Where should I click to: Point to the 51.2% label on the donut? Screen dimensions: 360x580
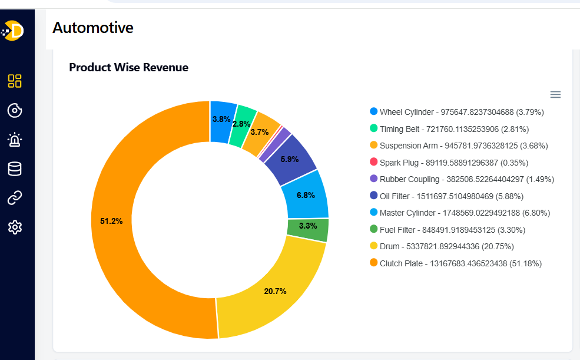click(111, 221)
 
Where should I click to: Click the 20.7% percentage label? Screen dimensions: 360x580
click(275, 291)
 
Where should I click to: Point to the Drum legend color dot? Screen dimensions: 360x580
click(373, 246)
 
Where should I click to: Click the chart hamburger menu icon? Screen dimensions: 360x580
click(555, 94)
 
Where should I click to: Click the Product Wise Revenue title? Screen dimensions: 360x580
click(128, 67)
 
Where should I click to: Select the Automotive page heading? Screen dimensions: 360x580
click(93, 27)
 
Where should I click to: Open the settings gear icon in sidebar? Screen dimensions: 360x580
click(15, 227)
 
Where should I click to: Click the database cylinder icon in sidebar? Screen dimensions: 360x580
click(15, 169)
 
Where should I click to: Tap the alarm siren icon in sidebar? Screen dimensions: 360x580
click(15, 140)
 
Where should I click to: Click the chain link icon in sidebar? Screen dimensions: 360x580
click(15, 198)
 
